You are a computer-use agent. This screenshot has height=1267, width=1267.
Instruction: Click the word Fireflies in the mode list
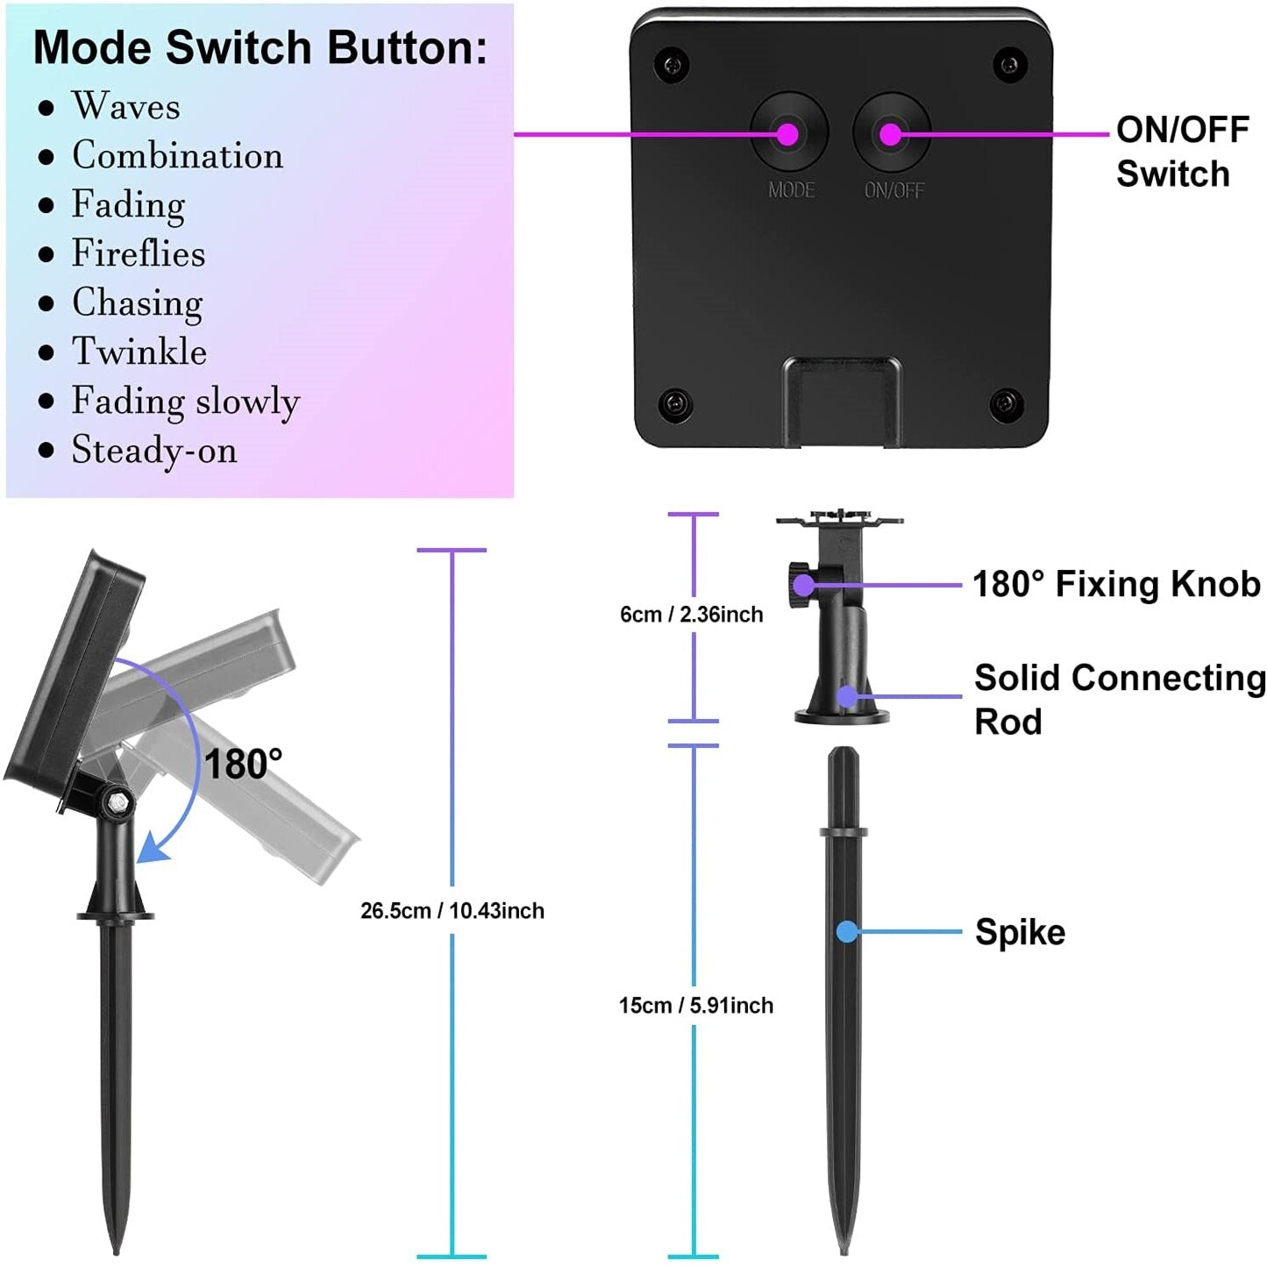[x=138, y=253]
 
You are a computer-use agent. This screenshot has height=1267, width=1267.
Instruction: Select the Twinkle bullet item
[x=139, y=351]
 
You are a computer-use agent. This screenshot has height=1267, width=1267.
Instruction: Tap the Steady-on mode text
[x=154, y=451]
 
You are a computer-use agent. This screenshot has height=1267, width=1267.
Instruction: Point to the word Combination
[x=177, y=156]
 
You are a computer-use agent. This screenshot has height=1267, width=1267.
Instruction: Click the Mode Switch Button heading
[x=260, y=47]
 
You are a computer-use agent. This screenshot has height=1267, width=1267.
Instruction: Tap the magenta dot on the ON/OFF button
[x=891, y=135]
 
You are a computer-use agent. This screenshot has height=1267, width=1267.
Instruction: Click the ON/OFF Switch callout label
[x=1182, y=152]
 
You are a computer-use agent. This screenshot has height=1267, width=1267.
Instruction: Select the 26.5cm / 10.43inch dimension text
[x=452, y=911]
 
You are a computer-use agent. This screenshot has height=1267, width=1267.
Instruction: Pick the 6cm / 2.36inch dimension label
[x=692, y=614]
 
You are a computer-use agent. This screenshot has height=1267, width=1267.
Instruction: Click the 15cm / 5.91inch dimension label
[x=695, y=1006]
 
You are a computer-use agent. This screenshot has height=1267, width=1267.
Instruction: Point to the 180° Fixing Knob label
[x=1116, y=584]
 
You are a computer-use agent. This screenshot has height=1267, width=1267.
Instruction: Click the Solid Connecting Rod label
[x=1120, y=700]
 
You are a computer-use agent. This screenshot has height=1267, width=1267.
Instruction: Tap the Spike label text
[x=1020, y=932]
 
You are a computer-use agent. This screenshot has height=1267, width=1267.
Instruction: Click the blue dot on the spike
[x=848, y=931]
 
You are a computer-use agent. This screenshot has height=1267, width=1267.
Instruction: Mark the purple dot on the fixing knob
[x=803, y=585]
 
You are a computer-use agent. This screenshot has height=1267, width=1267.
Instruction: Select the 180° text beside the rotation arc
[x=243, y=764]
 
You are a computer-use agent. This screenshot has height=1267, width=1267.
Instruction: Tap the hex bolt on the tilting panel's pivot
[x=119, y=803]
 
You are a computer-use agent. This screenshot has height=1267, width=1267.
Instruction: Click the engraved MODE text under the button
[x=792, y=190]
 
